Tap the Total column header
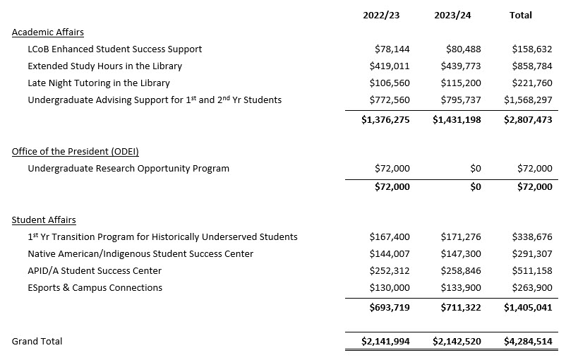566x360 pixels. point(520,15)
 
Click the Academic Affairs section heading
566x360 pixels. point(47,32)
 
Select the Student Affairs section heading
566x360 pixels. point(44,220)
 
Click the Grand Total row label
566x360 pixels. point(37,342)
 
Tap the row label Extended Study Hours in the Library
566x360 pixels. point(104,66)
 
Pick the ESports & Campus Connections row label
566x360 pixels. point(95,288)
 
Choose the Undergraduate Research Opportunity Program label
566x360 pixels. point(128,169)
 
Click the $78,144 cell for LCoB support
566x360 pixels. point(392,49)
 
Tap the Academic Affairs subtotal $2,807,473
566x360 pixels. point(527,120)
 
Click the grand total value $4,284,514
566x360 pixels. point(527,342)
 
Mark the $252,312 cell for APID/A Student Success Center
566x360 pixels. point(389,271)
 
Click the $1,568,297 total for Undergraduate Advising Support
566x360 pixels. point(527,100)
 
